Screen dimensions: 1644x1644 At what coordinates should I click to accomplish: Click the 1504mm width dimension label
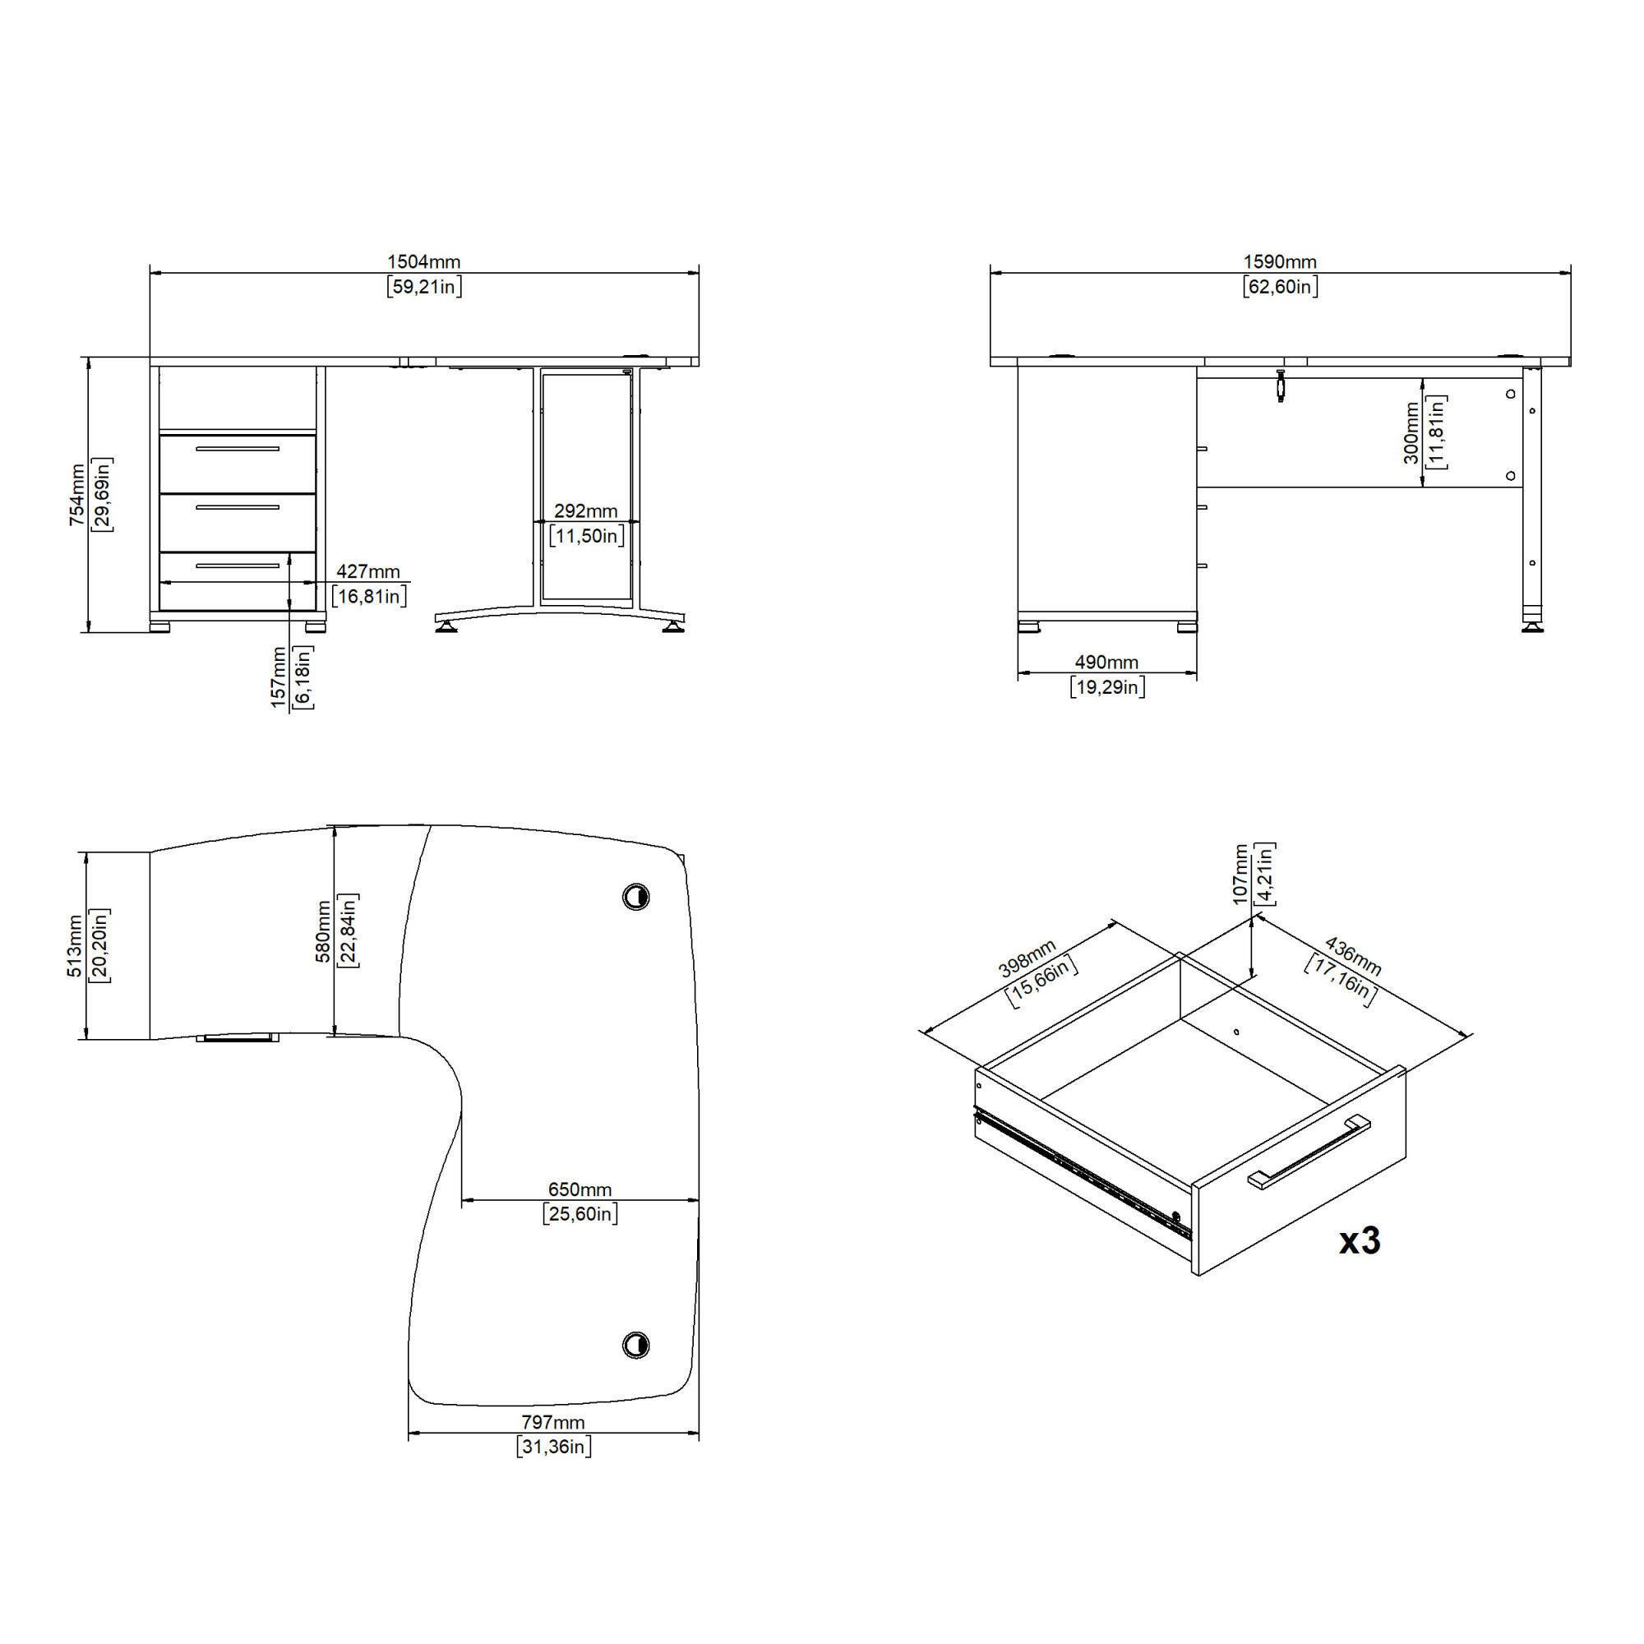pos(424,262)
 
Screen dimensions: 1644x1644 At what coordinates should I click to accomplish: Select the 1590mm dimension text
pos(1280,262)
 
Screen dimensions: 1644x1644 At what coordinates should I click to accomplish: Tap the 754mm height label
pos(77,494)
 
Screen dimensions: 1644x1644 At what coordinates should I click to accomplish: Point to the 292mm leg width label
pos(586,510)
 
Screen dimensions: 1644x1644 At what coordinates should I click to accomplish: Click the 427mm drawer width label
pos(368,571)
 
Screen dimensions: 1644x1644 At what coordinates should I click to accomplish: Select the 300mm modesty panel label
pos(1411,433)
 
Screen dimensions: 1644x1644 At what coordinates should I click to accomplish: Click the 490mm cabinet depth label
pos(1106,662)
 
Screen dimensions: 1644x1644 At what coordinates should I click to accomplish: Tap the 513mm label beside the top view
pos(76,945)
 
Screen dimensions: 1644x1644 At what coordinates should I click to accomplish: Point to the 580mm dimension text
pos(323,931)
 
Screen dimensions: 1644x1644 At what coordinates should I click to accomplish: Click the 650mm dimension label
pos(580,1189)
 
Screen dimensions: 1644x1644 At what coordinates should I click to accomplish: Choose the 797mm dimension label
pos(553,1422)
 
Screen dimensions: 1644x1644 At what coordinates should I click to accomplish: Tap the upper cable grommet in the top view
pos(635,896)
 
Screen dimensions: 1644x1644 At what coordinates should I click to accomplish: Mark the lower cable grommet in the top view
pos(635,1346)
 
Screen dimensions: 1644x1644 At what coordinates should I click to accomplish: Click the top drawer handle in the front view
pos(238,449)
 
